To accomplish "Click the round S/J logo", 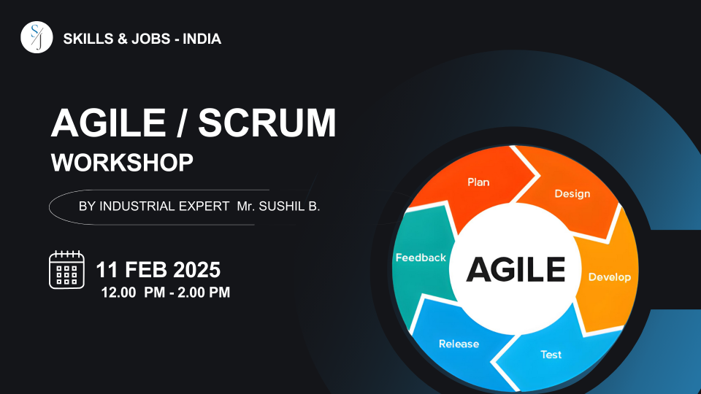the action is click(x=37, y=37).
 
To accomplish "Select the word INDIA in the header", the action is click(x=202, y=39).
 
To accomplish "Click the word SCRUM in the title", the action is click(x=267, y=123).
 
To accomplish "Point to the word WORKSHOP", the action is click(x=122, y=162).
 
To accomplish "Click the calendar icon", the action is click(x=66, y=269).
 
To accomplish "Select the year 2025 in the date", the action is click(x=196, y=270).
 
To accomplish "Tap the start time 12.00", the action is click(x=118, y=293).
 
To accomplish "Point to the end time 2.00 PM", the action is click(x=204, y=293).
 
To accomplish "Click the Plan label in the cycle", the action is click(x=478, y=182).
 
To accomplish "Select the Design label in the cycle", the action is click(x=572, y=194).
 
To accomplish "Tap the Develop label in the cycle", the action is click(x=609, y=277).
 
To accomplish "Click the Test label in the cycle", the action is click(x=551, y=355).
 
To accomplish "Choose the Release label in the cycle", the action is click(x=459, y=344).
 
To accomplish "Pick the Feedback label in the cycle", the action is click(x=421, y=258).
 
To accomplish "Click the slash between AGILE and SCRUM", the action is click(x=181, y=123).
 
